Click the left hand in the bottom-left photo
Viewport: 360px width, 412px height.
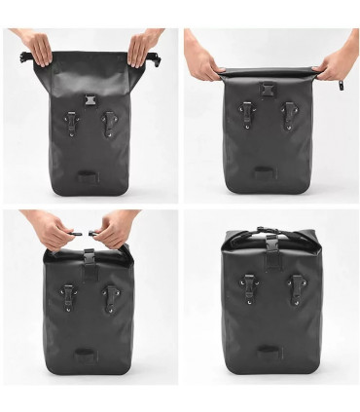coord(54,230)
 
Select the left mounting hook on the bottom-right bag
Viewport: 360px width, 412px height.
coord(250,285)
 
